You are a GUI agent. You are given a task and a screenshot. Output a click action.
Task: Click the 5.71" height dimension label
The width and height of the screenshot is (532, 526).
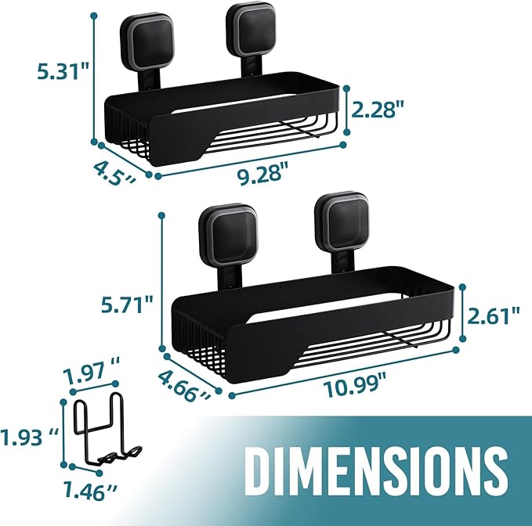pyautogui.click(x=126, y=305)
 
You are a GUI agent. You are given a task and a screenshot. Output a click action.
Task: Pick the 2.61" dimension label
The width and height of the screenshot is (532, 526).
pyautogui.click(x=494, y=316)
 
